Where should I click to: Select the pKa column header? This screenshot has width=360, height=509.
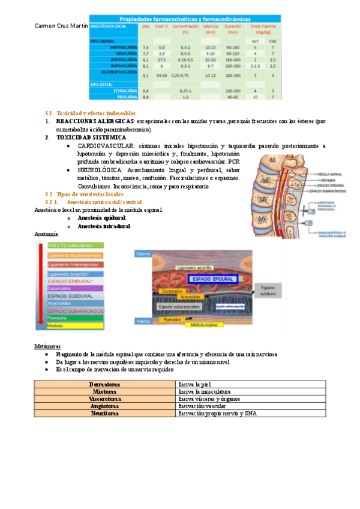point(145,26)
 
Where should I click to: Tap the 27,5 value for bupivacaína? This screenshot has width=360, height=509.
point(161,60)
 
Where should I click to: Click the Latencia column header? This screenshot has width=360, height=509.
point(210,29)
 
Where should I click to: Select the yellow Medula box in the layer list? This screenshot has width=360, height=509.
point(71,326)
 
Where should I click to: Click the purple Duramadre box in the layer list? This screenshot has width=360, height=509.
point(71,288)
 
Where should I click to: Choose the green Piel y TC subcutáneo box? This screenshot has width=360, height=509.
point(71,245)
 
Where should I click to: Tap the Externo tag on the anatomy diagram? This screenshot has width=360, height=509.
point(143,254)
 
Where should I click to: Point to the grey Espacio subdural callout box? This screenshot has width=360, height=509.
point(268,291)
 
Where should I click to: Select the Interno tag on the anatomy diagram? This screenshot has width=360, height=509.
point(143,321)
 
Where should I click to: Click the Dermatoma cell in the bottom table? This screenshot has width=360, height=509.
point(105,384)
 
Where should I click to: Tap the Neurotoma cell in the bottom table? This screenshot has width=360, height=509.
point(105,413)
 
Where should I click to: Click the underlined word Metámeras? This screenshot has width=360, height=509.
point(47,347)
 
